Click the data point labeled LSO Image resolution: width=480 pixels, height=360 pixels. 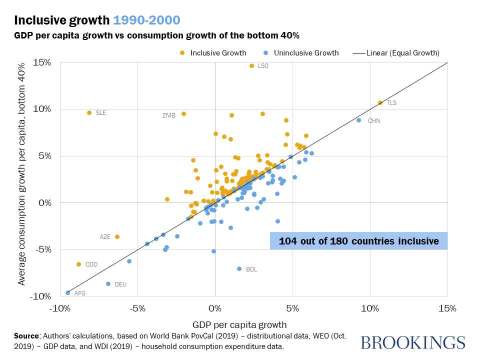click(251, 65)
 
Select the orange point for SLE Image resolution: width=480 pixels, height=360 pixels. click(89, 113)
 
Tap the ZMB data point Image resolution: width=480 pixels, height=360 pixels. click(183, 114)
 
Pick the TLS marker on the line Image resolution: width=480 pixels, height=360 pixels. click(380, 102)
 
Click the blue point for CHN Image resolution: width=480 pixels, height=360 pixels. click(358, 120)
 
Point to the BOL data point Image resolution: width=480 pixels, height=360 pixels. click(239, 269)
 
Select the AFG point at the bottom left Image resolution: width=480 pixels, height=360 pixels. click(67, 293)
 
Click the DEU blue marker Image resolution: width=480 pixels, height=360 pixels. click(108, 284)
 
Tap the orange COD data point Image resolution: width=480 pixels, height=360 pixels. click(78, 264)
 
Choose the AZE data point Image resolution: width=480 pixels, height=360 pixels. click(117, 237)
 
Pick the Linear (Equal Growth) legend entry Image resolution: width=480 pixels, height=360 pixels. click(397, 53)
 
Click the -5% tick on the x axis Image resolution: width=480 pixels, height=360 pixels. click(137, 308)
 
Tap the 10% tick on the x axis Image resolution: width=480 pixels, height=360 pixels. click(370, 308)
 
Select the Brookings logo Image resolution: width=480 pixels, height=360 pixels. click(412, 343)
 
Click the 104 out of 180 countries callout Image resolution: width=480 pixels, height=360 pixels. click(358, 241)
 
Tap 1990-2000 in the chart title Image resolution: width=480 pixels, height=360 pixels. click(143, 20)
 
